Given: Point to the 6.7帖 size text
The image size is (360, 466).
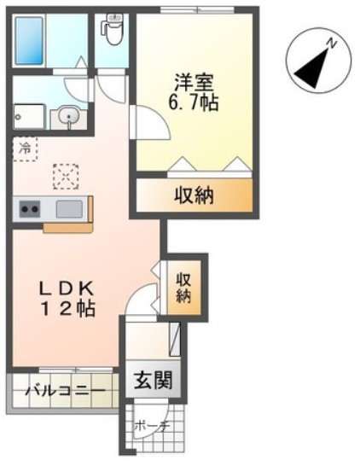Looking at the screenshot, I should click(x=195, y=105).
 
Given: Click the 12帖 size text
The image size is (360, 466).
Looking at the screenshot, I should click(x=64, y=309).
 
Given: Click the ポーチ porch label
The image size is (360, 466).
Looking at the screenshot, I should click(x=154, y=426).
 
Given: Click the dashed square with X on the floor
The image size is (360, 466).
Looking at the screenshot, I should click(x=64, y=177).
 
